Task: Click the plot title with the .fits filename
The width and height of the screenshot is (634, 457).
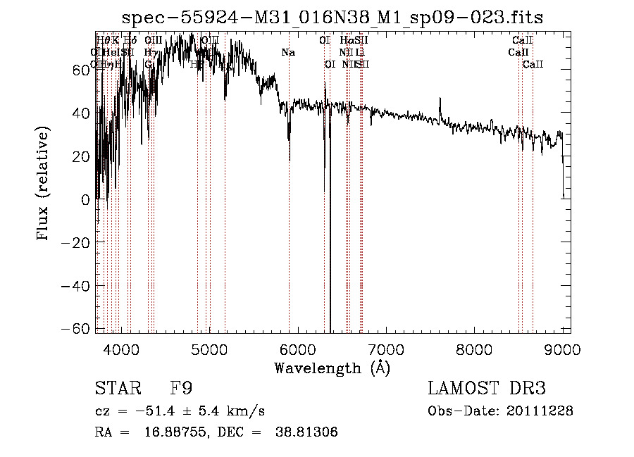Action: tap(332, 17)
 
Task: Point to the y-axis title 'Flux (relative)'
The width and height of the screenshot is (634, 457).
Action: tap(44, 184)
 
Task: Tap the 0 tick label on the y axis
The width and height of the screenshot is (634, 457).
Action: tap(85, 200)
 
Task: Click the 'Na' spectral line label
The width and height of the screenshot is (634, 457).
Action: tap(288, 52)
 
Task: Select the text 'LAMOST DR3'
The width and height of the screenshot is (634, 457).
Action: tap(487, 389)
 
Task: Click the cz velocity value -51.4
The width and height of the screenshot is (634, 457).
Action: tap(154, 411)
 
